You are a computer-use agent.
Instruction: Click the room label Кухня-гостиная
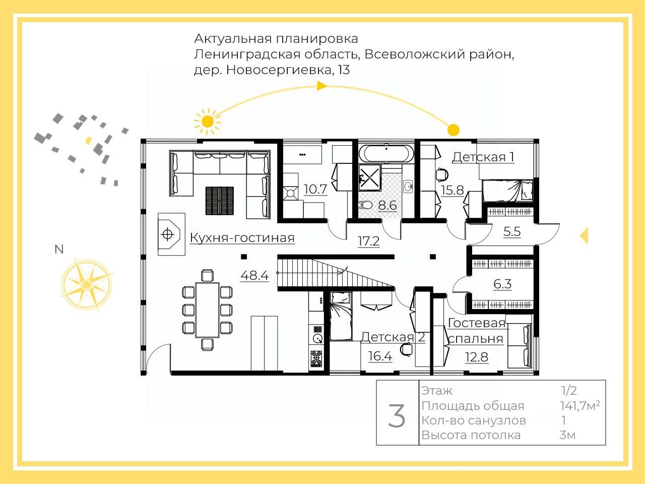pos(242,238)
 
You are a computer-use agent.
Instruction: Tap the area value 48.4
pos(254,276)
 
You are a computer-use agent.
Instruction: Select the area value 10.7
pos(315,190)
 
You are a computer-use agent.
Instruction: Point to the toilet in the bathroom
pos(365,205)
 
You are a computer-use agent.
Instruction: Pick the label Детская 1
pos(483,157)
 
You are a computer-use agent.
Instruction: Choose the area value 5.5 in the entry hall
pos(512,232)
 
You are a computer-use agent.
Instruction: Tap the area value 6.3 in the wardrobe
pos(502,284)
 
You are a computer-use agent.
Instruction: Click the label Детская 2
pos(393,337)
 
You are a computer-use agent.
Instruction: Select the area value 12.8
pos(476,357)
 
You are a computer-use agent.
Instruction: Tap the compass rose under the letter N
pos(86,284)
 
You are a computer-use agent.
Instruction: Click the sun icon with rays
pos(207,121)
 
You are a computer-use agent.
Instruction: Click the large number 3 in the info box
pos(397,416)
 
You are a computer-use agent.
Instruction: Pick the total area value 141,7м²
pos(580,405)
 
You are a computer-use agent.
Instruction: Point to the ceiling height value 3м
pos(567,435)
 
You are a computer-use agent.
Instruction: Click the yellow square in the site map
pos(89,140)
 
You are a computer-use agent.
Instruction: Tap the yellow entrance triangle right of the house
pos(584,235)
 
